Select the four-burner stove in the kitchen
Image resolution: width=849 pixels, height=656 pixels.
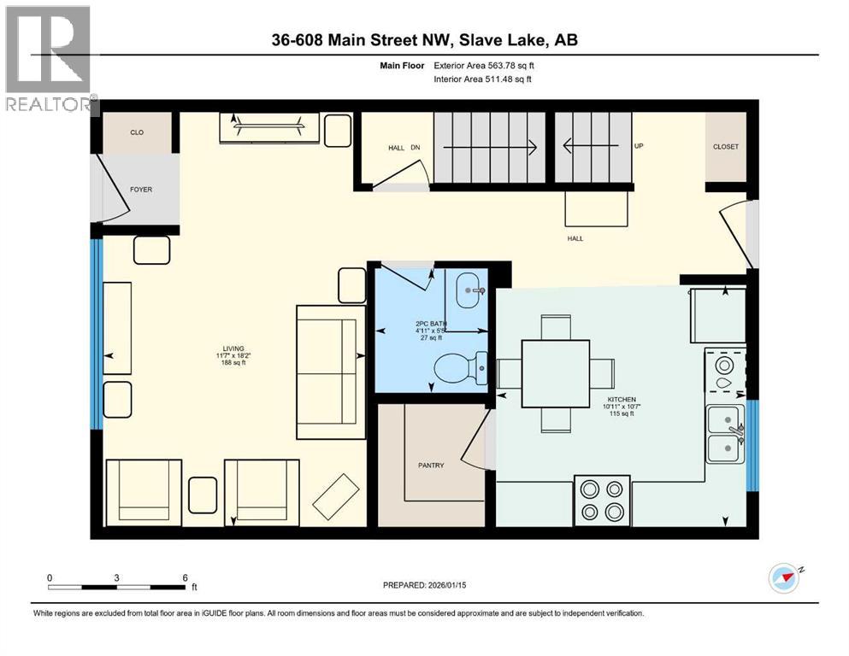[x=602, y=501]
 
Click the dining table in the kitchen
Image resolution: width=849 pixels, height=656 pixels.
[x=556, y=373]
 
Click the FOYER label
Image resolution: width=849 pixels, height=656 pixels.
[x=141, y=190]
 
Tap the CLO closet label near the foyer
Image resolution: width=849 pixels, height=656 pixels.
[x=137, y=133]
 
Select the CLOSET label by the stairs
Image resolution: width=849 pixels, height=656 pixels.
[x=725, y=147]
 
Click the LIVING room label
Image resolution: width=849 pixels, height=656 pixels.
[x=233, y=348]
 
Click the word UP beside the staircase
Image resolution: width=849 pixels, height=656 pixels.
[x=638, y=146]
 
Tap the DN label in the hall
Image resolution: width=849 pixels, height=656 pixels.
[x=416, y=148]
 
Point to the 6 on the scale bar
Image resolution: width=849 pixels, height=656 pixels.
[x=186, y=577]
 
